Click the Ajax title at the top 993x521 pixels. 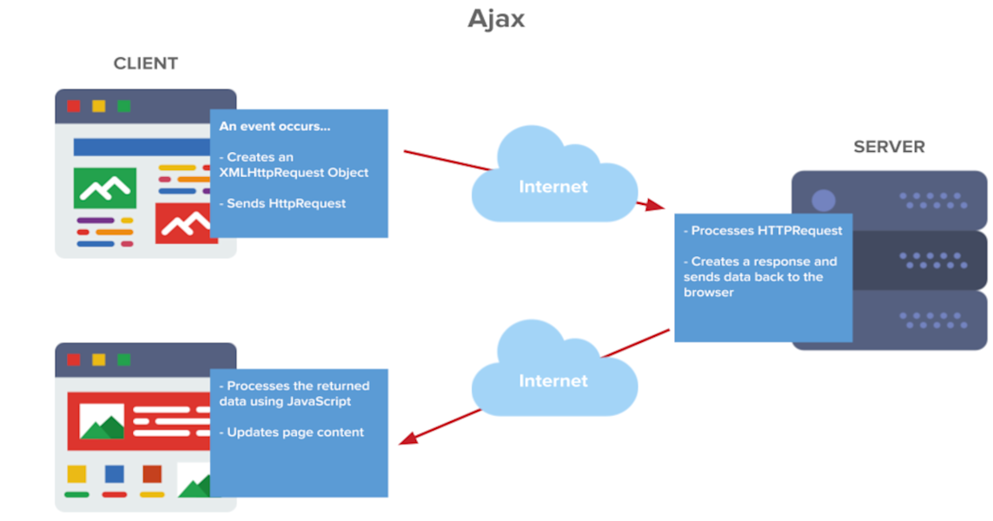click(496, 18)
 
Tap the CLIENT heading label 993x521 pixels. click(145, 63)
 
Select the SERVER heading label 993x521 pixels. click(889, 147)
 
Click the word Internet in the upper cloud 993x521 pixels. click(553, 187)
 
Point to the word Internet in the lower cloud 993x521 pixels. click(553, 381)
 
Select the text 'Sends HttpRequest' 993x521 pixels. click(286, 203)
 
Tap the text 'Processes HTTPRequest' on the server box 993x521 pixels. click(766, 231)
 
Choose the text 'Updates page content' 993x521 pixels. click(295, 432)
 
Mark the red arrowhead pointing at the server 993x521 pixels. click(653, 206)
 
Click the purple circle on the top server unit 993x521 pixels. click(823, 201)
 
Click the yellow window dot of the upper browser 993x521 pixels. click(99, 106)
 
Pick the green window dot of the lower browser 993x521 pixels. click(123, 359)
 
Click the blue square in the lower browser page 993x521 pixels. click(114, 474)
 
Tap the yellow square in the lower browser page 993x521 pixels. click(77, 474)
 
